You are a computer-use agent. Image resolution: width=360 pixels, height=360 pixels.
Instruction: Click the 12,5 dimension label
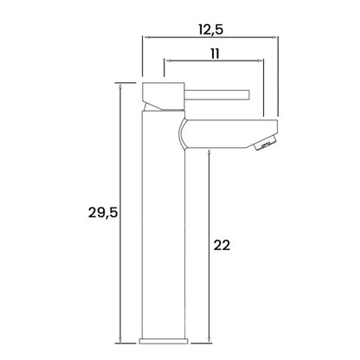(x=211, y=29)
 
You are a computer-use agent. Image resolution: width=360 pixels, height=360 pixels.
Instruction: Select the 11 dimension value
(x=215, y=54)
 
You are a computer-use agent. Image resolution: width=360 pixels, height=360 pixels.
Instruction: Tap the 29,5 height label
(x=103, y=213)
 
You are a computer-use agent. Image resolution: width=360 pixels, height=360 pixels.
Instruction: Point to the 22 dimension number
(x=222, y=246)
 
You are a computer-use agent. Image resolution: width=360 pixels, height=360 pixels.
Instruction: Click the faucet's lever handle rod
(x=217, y=95)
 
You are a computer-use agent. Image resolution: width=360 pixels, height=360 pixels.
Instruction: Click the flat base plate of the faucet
(x=164, y=341)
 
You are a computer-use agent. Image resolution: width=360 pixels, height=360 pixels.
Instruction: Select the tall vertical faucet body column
(x=164, y=225)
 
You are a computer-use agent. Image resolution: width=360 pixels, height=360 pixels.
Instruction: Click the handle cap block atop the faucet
(x=164, y=96)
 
